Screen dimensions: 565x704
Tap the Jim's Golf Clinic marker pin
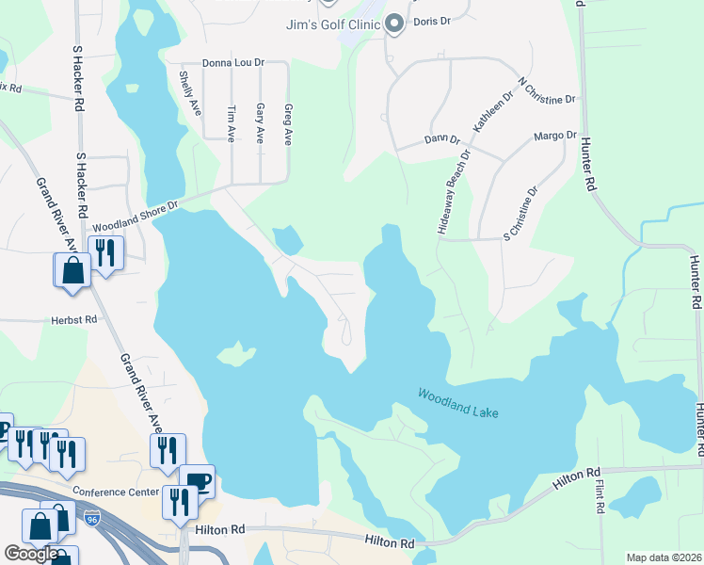394,23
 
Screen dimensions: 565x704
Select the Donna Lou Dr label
233,63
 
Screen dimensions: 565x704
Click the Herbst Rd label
75,320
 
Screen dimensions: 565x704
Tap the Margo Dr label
554,136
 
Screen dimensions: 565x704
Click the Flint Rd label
600,497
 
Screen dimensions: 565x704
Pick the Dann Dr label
440,139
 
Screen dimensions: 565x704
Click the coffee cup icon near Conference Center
197,480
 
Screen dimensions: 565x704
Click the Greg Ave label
288,124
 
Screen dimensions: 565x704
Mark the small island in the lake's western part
235,355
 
